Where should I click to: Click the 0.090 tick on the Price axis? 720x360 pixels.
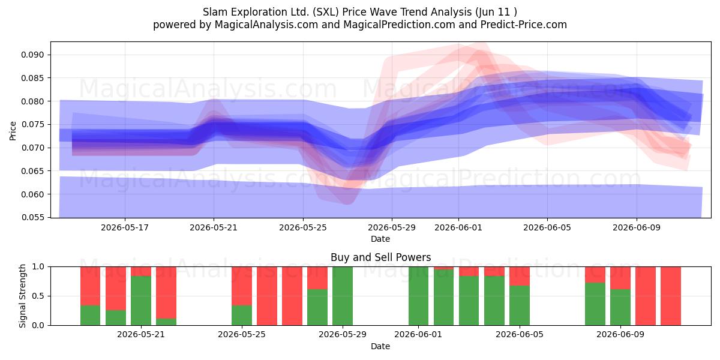tap(32, 55)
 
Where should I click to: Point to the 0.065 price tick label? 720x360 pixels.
tap(32, 171)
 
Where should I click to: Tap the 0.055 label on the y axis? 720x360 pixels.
tap(32, 218)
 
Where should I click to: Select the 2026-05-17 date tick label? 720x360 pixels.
tap(125, 228)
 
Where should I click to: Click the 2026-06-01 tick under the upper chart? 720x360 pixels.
tap(458, 228)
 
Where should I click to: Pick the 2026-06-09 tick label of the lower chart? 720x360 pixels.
tap(620, 335)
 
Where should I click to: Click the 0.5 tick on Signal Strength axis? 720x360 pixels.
tap(38, 296)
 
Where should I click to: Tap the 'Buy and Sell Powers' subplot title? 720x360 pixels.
tap(380, 257)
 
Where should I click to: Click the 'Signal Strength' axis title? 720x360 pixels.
tap(22, 296)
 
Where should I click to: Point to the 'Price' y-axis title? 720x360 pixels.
tap(13, 131)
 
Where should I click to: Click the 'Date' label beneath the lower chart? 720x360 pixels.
tap(380, 347)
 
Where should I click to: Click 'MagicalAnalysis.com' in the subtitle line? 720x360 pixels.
tap(266, 25)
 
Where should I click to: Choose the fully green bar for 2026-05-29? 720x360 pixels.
tap(343, 296)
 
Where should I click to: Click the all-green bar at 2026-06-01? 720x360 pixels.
tap(419, 296)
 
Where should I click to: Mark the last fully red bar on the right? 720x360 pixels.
tap(671, 296)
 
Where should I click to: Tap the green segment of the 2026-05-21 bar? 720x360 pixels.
tap(141, 301)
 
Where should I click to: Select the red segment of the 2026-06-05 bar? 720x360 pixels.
tap(520, 276)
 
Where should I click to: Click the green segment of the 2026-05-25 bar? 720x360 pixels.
tap(242, 316)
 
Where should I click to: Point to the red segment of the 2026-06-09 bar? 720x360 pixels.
tap(620, 278)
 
